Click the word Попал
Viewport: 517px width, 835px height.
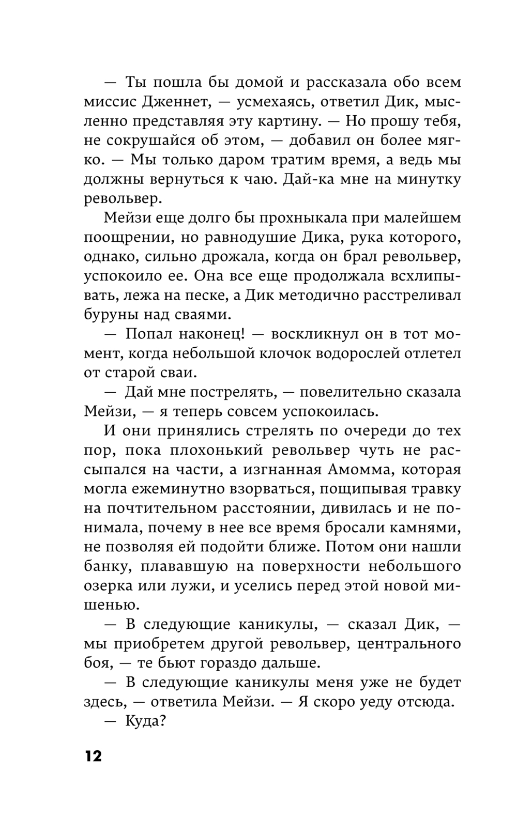(149, 334)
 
